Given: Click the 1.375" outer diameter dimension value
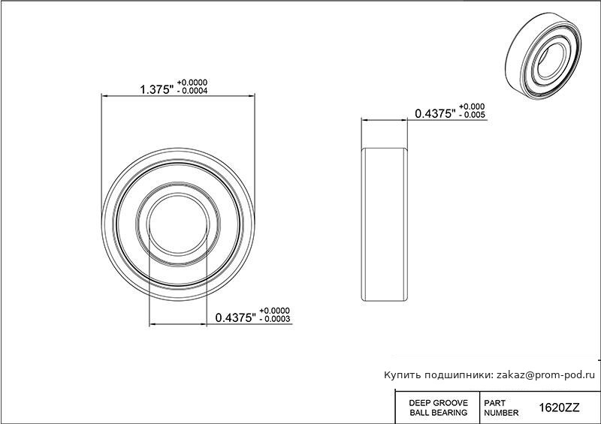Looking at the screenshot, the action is pyautogui.click(x=156, y=90).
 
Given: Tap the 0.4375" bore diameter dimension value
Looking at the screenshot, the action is pyautogui.click(x=235, y=318).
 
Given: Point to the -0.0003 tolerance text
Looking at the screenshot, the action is pyautogui.click(x=275, y=319).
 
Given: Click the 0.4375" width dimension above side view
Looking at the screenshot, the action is pyautogui.click(x=435, y=114).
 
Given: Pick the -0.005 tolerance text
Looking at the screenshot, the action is pyautogui.click(x=472, y=115).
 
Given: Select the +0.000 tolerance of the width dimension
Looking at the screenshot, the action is pyautogui.click(x=472, y=107).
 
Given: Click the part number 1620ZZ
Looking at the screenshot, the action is pyautogui.click(x=559, y=408).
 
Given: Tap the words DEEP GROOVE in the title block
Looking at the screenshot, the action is pyautogui.click(x=438, y=403).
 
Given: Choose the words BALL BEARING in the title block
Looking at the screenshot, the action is pyautogui.click(x=438, y=413).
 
